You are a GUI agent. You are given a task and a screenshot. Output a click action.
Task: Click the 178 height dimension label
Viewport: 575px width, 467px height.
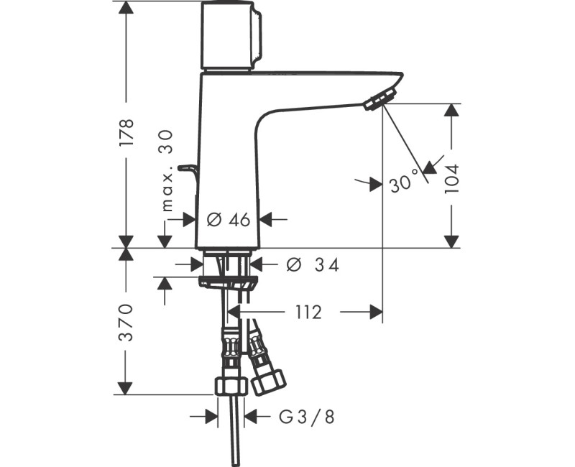tap(126, 132)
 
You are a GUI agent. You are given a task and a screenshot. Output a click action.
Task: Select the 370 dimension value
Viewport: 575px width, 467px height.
tap(126, 321)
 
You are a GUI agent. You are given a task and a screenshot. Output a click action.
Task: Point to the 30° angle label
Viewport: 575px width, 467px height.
tap(403, 184)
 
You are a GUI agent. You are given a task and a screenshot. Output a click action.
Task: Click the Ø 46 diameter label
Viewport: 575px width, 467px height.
tap(228, 220)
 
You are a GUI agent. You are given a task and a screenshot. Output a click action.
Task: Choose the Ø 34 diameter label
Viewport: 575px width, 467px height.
tap(312, 265)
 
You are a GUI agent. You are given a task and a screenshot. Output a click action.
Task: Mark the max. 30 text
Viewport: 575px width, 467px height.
tap(167, 171)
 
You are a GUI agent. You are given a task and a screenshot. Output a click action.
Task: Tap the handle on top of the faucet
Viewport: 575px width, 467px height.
tap(230, 36)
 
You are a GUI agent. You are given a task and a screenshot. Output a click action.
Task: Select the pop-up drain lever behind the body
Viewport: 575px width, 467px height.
tap(189, 170)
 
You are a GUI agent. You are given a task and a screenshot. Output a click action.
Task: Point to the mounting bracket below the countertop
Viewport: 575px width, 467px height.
tap(227, 279)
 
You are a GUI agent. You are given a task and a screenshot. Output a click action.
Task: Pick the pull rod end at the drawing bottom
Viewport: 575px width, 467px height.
tap(236, 460)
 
